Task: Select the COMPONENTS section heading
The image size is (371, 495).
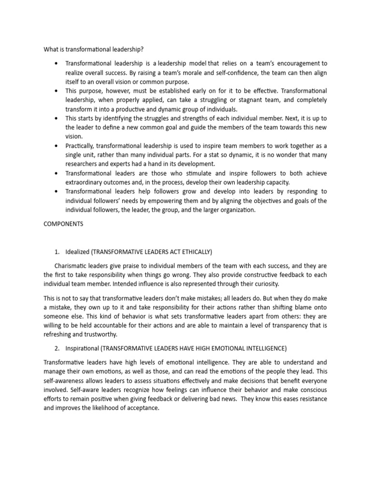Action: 64,224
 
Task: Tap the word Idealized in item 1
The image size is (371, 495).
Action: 77,252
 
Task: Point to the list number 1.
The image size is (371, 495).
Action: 57,252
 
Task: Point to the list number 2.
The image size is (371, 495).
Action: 57,348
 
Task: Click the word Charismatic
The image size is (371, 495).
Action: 71,266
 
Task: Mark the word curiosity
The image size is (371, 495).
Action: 263,284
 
